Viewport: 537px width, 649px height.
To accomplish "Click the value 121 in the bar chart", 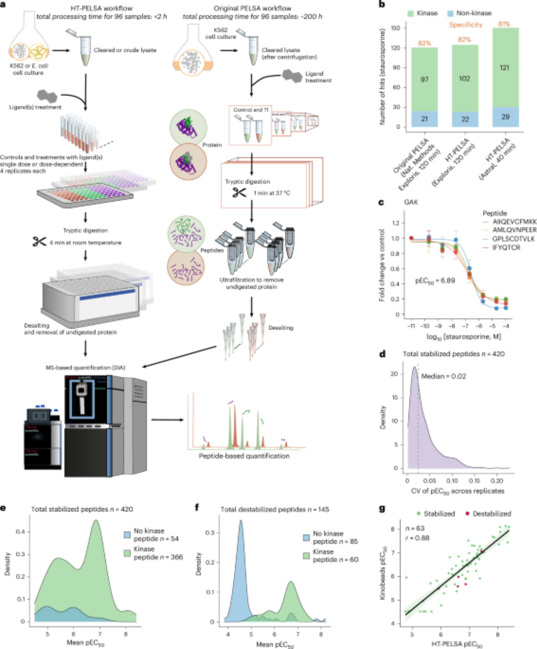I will pos(504,68).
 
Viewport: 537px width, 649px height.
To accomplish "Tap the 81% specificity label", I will pos(504,24).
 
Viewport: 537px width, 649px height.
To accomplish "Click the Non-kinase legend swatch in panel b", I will pos(450,13).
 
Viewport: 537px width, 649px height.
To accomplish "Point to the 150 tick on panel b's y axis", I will pos(395,28).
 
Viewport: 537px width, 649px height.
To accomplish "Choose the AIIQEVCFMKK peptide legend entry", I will pos(514,222).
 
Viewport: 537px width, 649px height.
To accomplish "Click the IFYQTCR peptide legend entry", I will pos(506,248).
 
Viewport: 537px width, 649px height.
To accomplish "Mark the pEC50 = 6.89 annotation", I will pos(435,281).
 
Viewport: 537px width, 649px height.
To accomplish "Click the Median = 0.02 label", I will pos(444,376).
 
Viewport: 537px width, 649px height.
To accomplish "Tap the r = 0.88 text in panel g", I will pos(417,538).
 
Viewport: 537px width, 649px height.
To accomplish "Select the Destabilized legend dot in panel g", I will pos(467,514).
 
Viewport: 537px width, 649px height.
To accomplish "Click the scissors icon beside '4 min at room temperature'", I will pos(39,242).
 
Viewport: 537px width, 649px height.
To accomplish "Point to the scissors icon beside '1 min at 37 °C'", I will pos(239,193).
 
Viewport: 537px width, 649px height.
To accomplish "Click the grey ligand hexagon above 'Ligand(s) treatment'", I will pos(47,96).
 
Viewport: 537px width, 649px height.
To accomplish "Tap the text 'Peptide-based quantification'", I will pos(244,456).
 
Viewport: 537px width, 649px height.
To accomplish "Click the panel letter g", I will pos(383,508).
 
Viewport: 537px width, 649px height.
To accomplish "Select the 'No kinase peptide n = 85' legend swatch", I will pos(306,537).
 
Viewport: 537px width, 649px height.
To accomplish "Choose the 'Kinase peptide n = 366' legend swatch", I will pos(127,553).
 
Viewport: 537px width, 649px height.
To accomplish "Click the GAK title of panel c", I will pos(411,202).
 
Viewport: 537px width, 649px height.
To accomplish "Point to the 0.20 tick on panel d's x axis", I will pos(496,481).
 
